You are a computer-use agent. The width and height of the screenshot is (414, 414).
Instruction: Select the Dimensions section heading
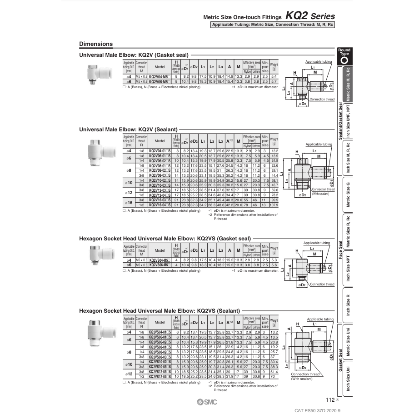96,44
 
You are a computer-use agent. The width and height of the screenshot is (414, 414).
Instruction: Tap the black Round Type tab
344,57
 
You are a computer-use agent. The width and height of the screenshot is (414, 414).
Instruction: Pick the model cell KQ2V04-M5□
160,77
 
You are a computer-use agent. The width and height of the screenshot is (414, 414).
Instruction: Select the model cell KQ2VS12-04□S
160,377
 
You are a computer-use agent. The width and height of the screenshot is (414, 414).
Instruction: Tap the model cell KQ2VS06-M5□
160,264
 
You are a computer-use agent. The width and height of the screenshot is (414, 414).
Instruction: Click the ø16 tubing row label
129,202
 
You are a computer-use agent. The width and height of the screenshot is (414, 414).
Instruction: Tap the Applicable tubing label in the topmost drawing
319,61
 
